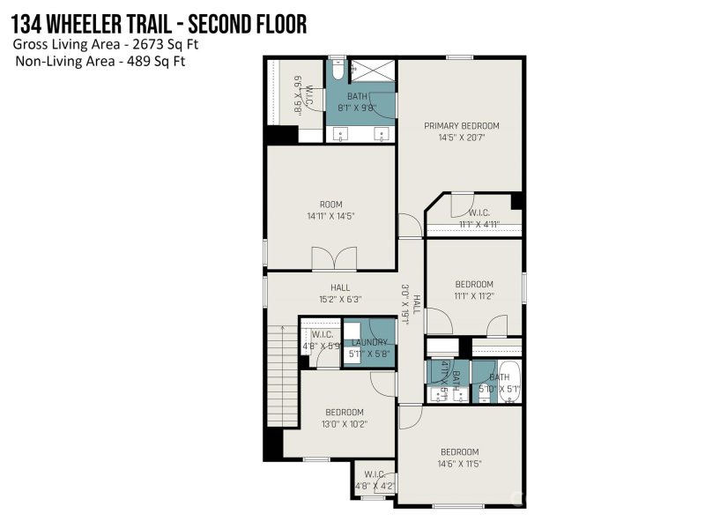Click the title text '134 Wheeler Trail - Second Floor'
(x=160, y=24)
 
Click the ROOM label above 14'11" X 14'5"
(x=330, y=204)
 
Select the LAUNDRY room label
(x=369, y=342)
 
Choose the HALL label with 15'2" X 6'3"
(x=340, y=287)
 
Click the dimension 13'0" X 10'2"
(x=344, y=424)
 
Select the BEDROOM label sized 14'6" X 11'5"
(x=459, y=451)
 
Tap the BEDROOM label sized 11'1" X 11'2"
(x=473, y=284)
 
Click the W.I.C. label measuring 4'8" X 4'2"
(x=374, y=474)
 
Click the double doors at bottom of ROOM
(x=334, y=259)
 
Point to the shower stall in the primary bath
(x=375, y=70)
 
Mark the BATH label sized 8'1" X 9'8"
(x=357, y=96)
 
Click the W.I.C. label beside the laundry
(x=322, y=334)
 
